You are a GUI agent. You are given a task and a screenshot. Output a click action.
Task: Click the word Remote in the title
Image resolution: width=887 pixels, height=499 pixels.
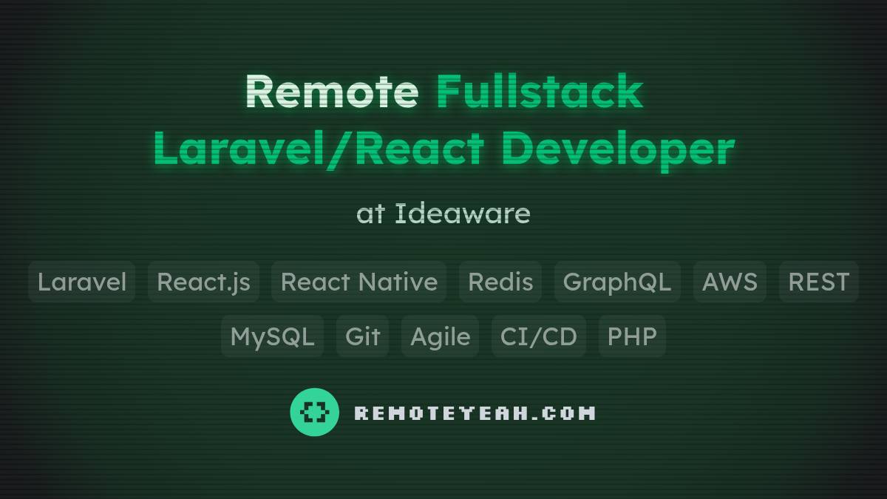tap(332, 92)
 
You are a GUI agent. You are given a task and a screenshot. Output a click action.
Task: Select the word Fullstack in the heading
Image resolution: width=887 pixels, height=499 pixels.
tap(540, 92)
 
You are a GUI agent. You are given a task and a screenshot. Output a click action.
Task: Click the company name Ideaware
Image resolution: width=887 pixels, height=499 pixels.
tap(462, 214)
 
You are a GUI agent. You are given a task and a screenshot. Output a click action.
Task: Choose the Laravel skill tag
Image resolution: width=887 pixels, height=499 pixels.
tap(82, 282)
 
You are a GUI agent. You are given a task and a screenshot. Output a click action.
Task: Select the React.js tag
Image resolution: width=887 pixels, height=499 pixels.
tap(203, 282)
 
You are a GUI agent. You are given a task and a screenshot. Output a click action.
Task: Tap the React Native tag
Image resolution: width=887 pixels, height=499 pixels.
tap(358, 282)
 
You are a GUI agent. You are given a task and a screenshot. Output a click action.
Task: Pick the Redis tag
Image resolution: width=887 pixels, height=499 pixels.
tap(500, 282)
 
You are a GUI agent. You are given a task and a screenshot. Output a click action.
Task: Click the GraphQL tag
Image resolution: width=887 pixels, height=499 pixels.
tap(617, 282)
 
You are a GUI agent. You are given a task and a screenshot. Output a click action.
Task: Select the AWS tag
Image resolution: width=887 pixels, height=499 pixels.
tap(730, 282)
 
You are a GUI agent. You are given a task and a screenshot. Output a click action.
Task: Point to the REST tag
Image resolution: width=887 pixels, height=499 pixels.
tap(818, 282)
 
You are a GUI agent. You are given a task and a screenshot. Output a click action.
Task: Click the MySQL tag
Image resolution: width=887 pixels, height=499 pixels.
tap(272, 336)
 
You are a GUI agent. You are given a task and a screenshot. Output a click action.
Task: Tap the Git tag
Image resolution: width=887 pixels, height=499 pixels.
tap(362, 336)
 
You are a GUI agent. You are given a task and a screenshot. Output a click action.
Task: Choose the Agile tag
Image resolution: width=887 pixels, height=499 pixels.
tap(440, 336)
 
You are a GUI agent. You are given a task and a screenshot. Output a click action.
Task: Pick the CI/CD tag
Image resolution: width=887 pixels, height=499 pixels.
tap(538, 336)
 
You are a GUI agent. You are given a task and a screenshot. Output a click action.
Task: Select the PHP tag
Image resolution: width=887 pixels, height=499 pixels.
tap(632, 336)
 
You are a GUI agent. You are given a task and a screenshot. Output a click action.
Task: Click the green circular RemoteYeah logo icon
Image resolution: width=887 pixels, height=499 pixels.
tap(315, 412)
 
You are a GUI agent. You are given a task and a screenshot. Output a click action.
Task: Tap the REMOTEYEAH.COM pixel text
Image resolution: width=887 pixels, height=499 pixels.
tap(475, 413)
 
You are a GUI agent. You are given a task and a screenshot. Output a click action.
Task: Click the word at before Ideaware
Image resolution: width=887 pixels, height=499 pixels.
tap(371, 214)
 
